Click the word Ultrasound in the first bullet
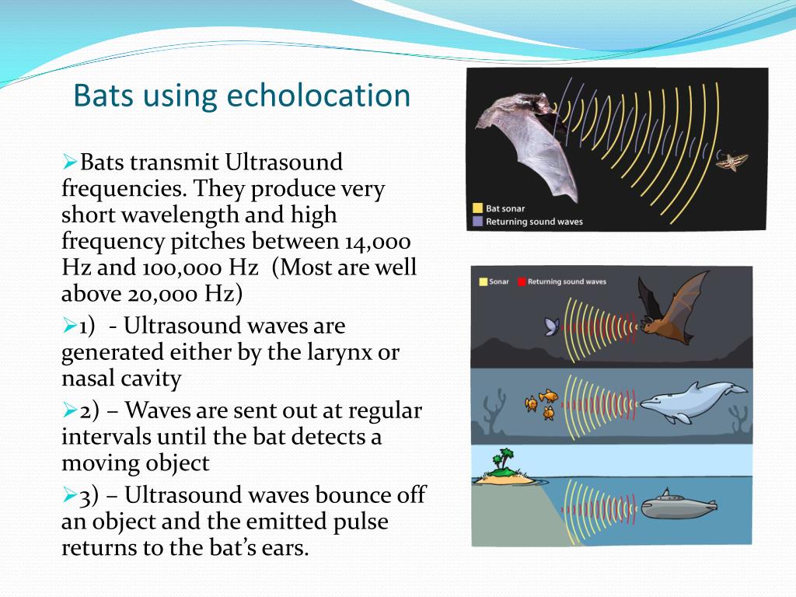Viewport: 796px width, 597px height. tap(284, 163)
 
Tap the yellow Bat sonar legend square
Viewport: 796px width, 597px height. tap(477, 208)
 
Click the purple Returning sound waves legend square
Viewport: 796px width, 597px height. tap(477, 222)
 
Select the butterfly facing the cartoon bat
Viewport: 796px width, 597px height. tap(552, 326)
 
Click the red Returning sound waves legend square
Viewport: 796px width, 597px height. tap(522, 281)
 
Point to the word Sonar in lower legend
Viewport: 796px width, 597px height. tap(498, 281)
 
